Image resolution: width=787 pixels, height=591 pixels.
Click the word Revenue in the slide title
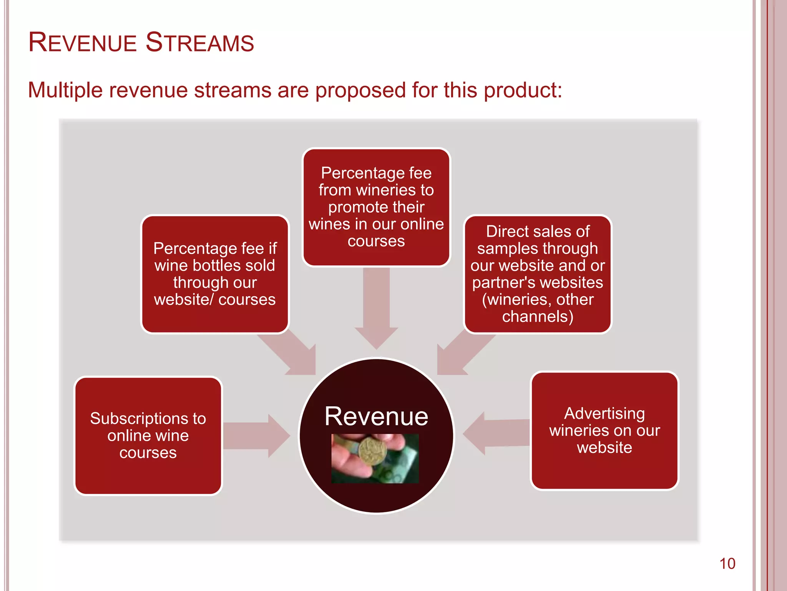coord(82,42)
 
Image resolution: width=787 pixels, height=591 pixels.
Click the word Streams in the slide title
coord(200,42)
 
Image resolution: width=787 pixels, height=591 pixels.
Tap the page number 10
coord(727,564)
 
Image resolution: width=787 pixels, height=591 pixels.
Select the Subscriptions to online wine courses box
coord(148,436)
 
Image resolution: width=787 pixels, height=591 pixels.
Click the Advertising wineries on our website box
coord(604,431)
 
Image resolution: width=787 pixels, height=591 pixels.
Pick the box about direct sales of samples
coord(538,274)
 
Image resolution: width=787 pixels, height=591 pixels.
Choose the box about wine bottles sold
coord(215,274)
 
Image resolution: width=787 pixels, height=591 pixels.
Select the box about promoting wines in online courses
coord(376,207)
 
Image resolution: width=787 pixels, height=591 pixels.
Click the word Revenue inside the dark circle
coord(376,416)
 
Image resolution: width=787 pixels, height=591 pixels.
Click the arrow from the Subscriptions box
coord(256,436)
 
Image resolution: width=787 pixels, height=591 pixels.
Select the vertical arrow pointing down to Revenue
coord(376,308)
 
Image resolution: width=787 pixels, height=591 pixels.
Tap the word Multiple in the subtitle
coord(65,90)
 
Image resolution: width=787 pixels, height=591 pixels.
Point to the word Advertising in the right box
coord(604,414)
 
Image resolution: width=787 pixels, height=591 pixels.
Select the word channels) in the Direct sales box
coord(538,317)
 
